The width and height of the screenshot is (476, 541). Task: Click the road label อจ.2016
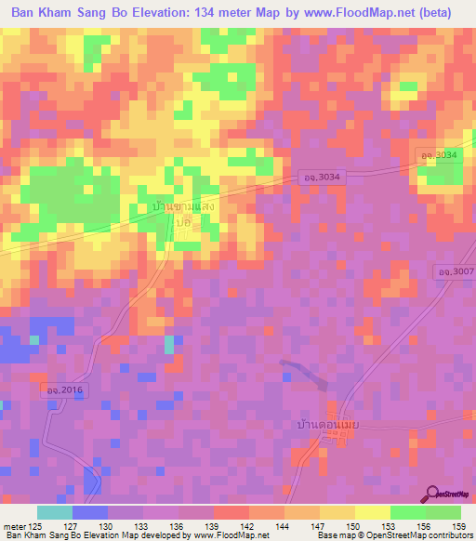click(x=68, y=392)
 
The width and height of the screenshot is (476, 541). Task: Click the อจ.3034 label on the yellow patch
click(x=438, y=154)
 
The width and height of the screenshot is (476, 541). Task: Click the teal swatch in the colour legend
click(x=55, y=512)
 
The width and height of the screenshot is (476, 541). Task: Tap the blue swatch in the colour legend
click(x=90, y=512)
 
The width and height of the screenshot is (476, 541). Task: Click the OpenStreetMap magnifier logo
click(x=433, y=494)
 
